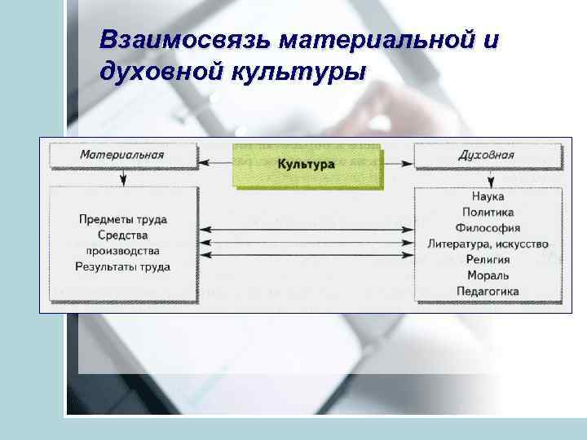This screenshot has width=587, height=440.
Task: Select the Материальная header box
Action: [x=122, y=155]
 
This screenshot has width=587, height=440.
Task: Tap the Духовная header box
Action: [x=487, y=155]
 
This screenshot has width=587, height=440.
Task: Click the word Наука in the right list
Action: [x=488, y=196]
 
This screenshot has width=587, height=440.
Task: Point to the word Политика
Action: [x=488, y=212]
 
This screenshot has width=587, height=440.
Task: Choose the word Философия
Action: [x=488, y=228]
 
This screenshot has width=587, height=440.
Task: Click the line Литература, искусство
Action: [x=488, y=244]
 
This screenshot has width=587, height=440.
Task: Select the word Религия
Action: [x=488, y=260]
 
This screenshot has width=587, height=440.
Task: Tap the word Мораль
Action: [x=488, y=275]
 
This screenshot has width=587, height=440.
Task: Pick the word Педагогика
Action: [x=488, y=292]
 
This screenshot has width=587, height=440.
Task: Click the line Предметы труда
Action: [x=123, y=219]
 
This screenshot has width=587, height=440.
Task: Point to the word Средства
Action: [x=123, y=235]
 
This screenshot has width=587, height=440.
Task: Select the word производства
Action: [x=123, y=250]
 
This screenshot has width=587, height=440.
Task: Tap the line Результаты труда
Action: [x=123, y=266]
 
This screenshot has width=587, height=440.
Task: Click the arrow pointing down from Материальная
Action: [x=123, y=177]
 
